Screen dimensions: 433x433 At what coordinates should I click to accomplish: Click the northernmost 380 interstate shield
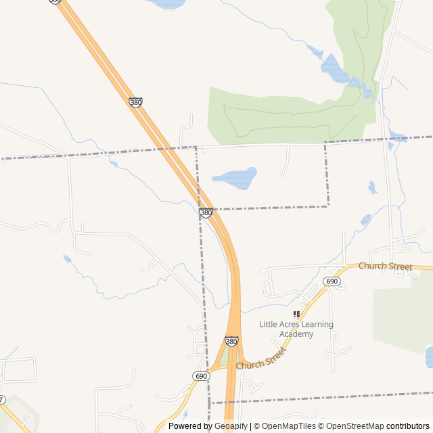tap(135, 102)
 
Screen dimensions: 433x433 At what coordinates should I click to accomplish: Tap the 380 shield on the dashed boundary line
tap(206, 212)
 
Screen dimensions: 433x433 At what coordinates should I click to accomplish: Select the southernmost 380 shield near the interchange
tap(231, 342)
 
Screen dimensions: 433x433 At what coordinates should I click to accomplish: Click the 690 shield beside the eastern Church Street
tap(332, 281)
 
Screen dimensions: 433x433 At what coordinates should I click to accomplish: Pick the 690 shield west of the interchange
tap(201, 376)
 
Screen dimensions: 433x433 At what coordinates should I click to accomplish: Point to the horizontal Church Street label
tap(385, 266)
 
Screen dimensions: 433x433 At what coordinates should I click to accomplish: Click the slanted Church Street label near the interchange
tap(262, 358)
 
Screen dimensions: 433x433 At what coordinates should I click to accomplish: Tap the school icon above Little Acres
tap(296, 315)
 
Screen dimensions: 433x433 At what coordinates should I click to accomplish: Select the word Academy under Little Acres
tap(296, 334)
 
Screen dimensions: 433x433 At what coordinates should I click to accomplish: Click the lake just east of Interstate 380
tap(235, 178)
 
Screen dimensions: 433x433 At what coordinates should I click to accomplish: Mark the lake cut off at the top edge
tap(167, 3)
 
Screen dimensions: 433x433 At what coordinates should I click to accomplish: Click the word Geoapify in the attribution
tap(231, 426)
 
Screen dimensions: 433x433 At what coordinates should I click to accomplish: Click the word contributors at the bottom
tap(408, 426)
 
